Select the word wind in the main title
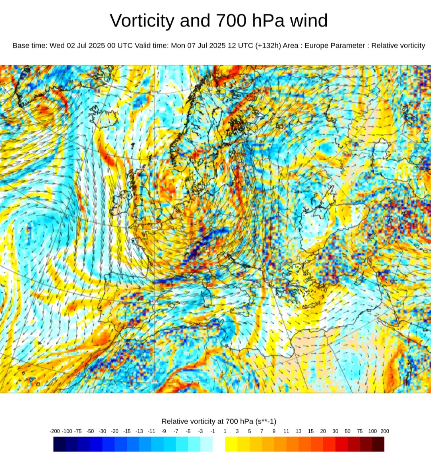point(308,21)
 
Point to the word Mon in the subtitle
point(178,46)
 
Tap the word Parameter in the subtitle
point(350,46)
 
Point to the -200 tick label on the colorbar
point(55,431)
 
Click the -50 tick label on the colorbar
point(91,431)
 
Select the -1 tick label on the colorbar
point(213,431)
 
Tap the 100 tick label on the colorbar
point(372,431)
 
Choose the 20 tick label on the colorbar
point(323,431)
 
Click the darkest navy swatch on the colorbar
point(59,444)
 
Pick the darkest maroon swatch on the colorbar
point(378,444)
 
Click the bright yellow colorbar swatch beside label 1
point(231,444)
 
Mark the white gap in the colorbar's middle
point(219,444)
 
